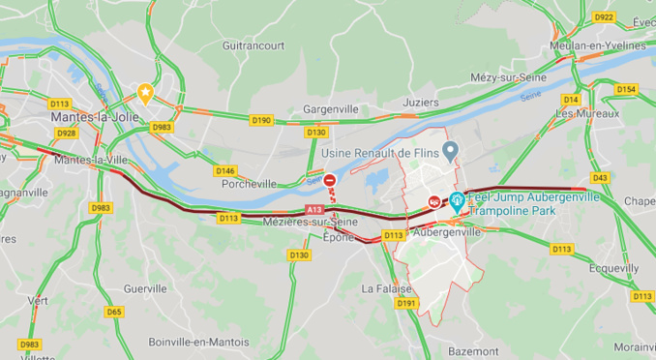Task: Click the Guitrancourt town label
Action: (253, 45)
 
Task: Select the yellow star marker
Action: (146, 93)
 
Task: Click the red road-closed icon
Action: (330, 180)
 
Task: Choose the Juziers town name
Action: (422, 101)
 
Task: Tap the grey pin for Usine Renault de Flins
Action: (450, 151)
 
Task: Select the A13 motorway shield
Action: (313, 209)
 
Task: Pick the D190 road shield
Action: (262, 120)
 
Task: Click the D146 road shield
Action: (225, 170)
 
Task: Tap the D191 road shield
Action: (405, 303)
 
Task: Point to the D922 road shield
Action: (604, 17)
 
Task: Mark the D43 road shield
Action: (600, 177)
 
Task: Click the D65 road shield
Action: (114, 311)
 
